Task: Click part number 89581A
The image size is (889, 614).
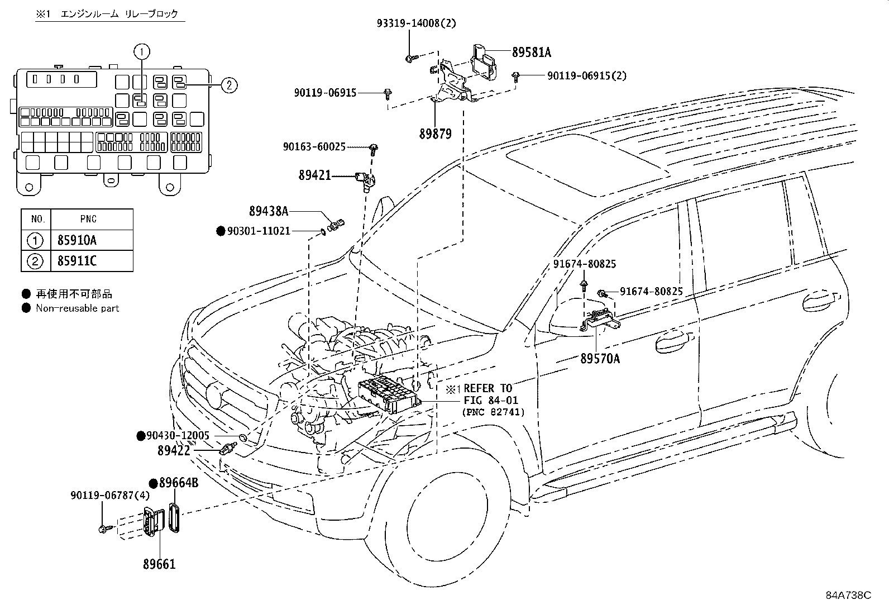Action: [x=532, y=52]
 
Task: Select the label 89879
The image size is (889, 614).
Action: [x=436, y=134]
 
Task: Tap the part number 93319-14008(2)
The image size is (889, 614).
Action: [x=417, y=23]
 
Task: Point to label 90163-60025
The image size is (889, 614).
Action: [x=314, y=147]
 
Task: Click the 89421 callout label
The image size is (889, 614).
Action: [x=315, y=175]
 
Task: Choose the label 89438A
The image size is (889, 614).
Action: [x=269, y=211]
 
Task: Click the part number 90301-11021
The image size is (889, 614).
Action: [x=259, y=231]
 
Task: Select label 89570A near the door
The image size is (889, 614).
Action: [x=600, y=359]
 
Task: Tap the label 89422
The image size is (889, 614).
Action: [x=174, y=450]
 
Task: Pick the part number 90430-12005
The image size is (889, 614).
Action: [x=178, y=436]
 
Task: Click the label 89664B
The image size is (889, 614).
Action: [x=179, y=483]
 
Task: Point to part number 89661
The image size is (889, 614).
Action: [x=159, y=564]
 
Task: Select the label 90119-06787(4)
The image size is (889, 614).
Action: [x=111, y=495]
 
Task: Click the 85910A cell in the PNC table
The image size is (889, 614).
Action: [x=77, y=240]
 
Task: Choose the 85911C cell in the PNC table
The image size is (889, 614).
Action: [x=77, y=261]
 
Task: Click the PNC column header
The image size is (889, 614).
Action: [x=88, y=219]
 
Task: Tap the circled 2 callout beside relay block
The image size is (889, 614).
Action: [x=229, y=85]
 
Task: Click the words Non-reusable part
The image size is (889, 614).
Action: [x=78, y=308]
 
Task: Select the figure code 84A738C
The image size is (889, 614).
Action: [x=849, y=596]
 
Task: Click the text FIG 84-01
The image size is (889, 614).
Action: [x=491, y=401]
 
